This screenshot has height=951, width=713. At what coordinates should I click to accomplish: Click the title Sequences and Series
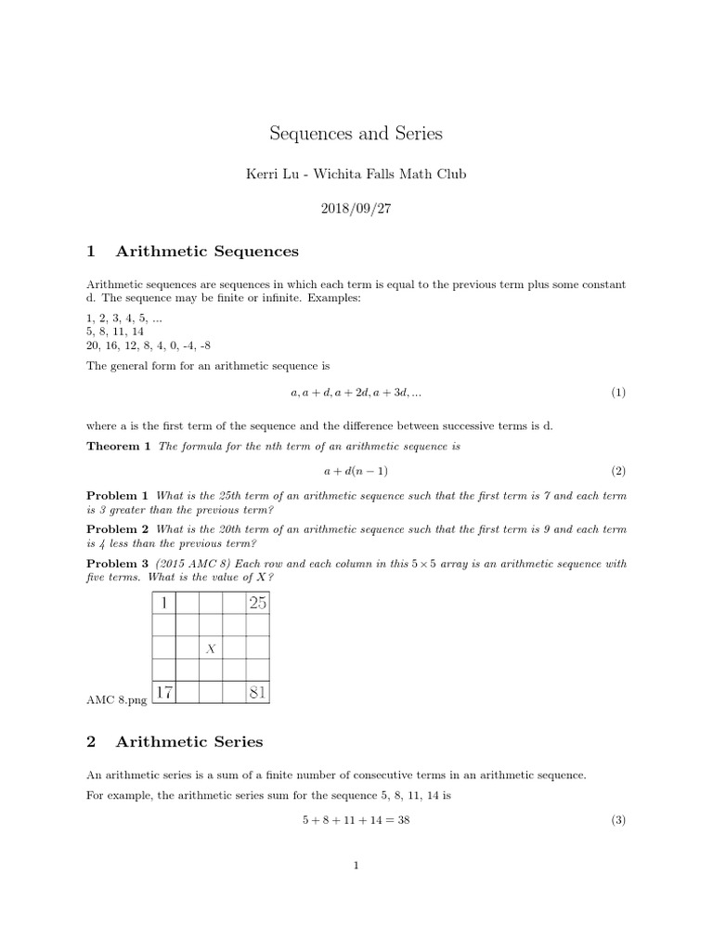(x=356, y=134)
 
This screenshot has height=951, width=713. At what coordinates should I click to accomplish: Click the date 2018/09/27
(x=356, y=209)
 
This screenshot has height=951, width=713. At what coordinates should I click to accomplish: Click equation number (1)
(x=618, y=393)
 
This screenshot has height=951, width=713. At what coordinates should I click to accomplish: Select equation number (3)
(x=618, y=820)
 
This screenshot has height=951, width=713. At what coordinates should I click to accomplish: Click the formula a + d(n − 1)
(x=356, y=471)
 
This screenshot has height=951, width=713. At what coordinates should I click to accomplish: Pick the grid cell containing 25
(x=257, y=603)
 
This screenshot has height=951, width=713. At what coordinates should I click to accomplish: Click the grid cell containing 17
(x=164, y=692)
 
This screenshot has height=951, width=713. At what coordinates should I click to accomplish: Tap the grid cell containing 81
(x=257, y=692)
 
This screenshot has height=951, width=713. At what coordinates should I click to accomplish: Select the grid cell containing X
(x=211, y=648)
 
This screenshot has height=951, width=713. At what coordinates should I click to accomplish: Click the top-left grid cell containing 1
(x=164, y=603)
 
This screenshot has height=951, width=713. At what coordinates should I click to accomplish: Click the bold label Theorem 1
(x=118, y=447)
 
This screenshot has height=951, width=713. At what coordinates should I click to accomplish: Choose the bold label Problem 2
(x=117, y=529)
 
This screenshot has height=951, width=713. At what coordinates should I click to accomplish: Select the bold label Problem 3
(x=117, y=563)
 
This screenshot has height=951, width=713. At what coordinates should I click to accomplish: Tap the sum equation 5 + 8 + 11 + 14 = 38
(x=356, y=820)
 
